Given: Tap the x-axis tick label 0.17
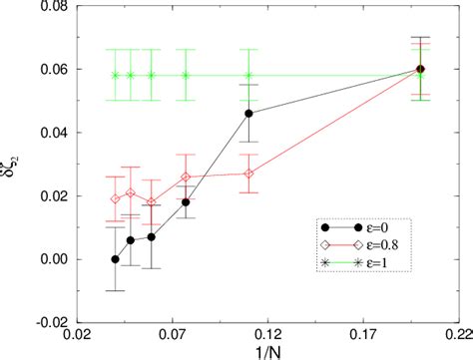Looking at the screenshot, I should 362,337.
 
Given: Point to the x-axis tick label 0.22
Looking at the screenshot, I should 457,337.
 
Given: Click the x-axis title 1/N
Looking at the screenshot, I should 266,353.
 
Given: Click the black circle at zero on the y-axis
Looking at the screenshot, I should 115,259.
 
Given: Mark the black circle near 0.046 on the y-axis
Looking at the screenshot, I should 248,114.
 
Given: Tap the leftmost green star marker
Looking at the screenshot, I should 115,75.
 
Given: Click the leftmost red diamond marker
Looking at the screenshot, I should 115,198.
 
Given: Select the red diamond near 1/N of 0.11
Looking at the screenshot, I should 248,174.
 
